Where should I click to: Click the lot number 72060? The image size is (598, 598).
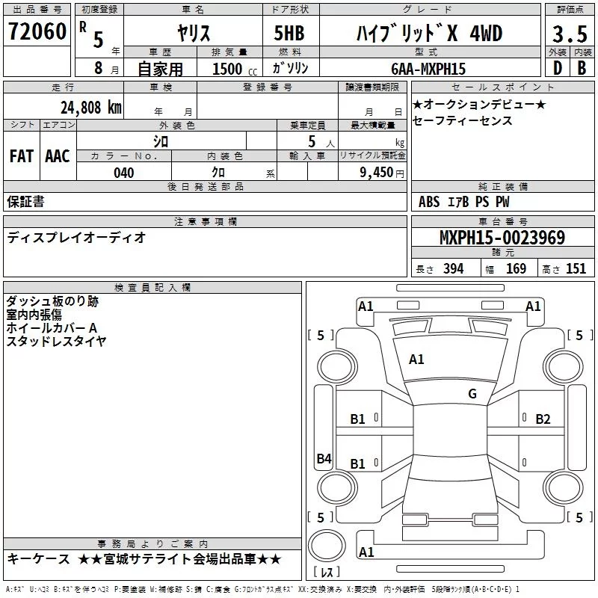37,31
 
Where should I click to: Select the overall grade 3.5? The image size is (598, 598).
570,34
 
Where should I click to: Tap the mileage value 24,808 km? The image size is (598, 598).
90,108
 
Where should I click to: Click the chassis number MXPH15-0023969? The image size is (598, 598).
502,237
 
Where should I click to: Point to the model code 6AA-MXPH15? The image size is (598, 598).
428,69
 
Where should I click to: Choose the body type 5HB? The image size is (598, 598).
289,33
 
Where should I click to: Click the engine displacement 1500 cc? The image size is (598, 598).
235,69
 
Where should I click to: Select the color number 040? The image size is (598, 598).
123,173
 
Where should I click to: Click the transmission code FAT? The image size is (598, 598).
22,156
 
